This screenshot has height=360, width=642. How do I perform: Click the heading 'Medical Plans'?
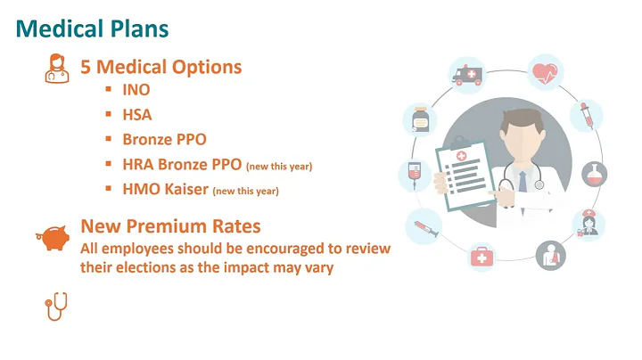pyautogui.click(x=93, y=29)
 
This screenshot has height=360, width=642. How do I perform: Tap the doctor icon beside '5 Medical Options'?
pyautogui.click(x=56, y=70)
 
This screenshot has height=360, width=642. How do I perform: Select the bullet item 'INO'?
pyautogui.click(x=136, y=90)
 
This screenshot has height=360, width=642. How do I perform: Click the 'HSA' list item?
pyautogui.click(x=137, y=115)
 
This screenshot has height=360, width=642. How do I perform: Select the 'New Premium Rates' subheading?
pyautogui.click(x=170, y=227)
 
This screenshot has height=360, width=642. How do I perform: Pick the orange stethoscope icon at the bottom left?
pyautogui.click(x=55, y=307)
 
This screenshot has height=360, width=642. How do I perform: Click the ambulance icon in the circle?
pyautogui.click(x=466, y=78)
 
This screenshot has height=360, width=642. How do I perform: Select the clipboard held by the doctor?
pyautogui.click(x=463, y=169)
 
